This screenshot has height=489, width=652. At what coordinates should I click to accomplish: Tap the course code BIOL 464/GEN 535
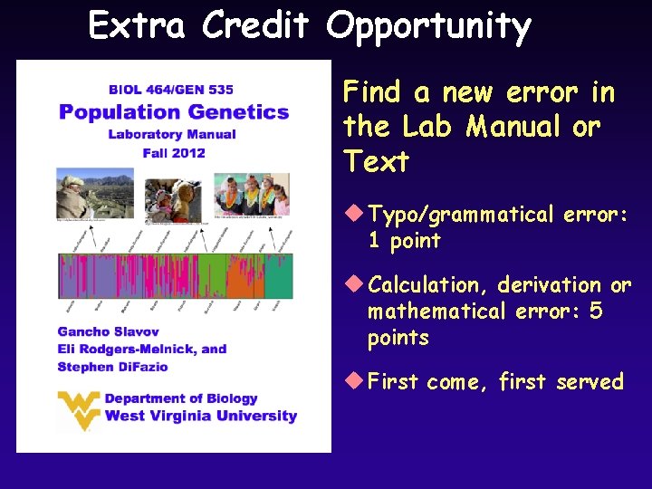coord(171,90)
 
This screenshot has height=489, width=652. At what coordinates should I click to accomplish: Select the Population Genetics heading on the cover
coord(174,112)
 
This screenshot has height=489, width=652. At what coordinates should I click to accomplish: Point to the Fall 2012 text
coord(174,152)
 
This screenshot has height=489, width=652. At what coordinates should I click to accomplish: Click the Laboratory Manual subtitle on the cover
coord(172,134)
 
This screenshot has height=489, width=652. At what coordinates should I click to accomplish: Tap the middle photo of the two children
coord(173,197)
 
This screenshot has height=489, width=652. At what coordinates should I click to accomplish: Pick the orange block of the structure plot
coord(243,276)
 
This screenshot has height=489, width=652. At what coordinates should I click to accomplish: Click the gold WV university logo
coord(78,409)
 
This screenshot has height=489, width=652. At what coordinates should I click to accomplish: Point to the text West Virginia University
coord(201,417)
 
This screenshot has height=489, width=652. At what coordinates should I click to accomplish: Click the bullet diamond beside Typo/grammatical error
coord(353,215)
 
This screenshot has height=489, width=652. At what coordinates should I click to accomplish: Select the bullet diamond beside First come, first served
coord(353,381)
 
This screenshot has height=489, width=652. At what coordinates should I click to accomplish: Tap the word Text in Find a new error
coord(376,162)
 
